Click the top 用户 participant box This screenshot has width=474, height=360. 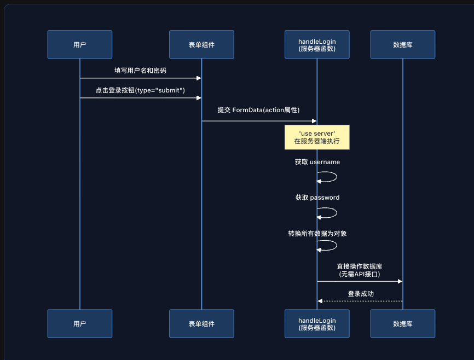click(x=79, y=44)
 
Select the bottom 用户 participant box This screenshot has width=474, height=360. click(x=79, y=323)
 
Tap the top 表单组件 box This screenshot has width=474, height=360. click(x=201, y=44)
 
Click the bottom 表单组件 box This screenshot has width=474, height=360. click(x=201, y=323)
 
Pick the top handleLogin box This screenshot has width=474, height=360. click(x=317, y=44)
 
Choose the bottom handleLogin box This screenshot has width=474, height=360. click(x=317, y=323)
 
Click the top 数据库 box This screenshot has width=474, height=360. click(x=402, y=44)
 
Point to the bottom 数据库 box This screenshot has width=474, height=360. click(x=402, y=323)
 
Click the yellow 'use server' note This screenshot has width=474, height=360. click(x=317, y=137)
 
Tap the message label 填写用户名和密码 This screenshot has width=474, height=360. click(x=140, y=71)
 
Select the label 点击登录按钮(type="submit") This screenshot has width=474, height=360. click(x=140, y=90)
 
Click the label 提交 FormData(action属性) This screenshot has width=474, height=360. click(x=259, y=110)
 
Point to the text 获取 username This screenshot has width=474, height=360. click(x=317, y=162)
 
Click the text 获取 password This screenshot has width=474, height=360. click(x=317, y=198)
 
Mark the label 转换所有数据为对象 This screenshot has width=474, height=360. click(x=317, y=234)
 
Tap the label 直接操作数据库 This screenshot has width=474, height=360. click(x=360, y=266)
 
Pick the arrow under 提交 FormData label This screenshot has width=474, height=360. click(x=259, y=121)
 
